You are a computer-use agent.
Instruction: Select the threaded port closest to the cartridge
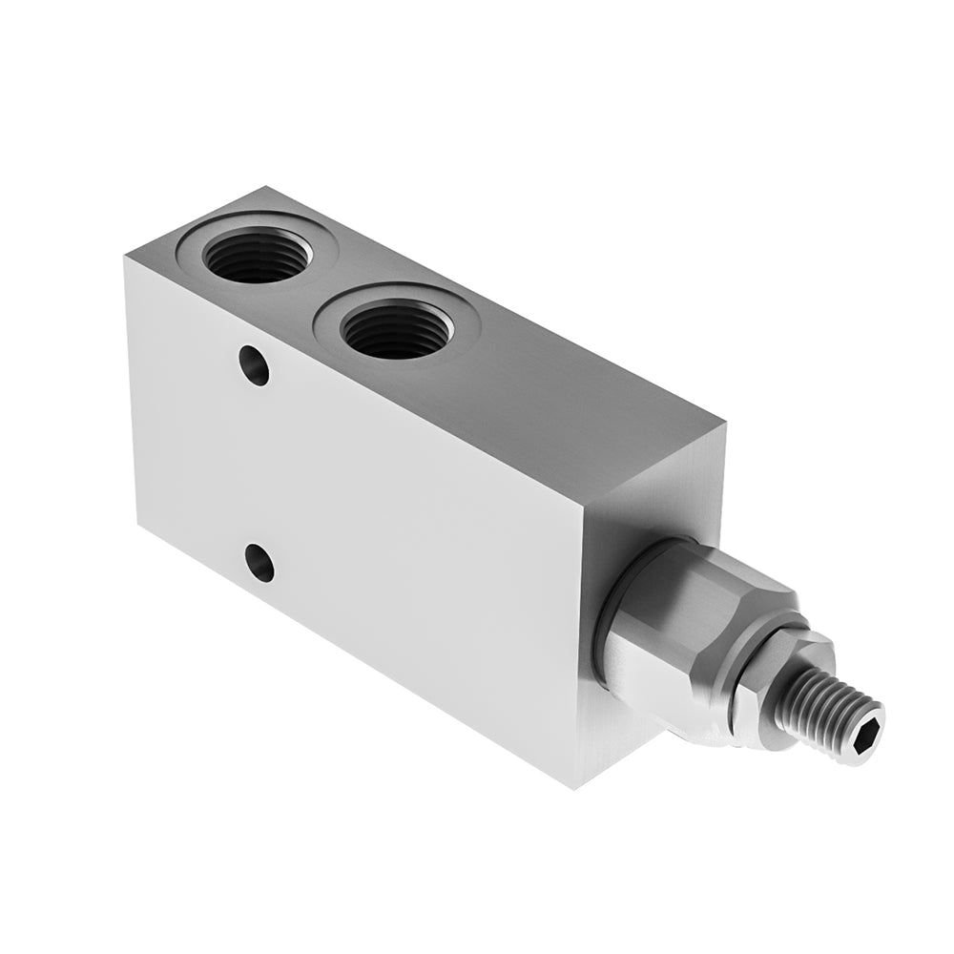[x=396, y=331]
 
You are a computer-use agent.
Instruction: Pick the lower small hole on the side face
[x=259, y=562]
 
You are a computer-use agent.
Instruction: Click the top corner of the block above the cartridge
[x=724, y=426]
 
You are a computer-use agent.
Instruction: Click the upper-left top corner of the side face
[x=125, y=256]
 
